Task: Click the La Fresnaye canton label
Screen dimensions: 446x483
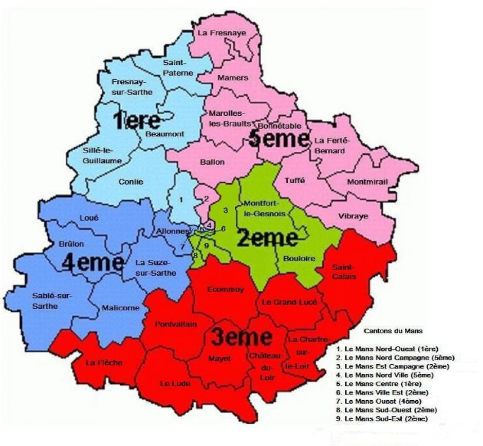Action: (222, 33)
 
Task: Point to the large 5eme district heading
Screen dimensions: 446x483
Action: (279, 139)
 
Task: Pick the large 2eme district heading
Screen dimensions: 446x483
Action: (267, 238)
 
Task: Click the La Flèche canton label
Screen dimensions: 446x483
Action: (104, 363)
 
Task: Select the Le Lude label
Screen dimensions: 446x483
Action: (175, 384)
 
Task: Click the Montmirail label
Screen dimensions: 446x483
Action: (367, 182)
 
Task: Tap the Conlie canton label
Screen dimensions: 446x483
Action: (131, 182)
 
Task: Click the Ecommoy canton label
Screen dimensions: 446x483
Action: (225, 290)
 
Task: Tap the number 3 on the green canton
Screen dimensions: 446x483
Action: (225, 210)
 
